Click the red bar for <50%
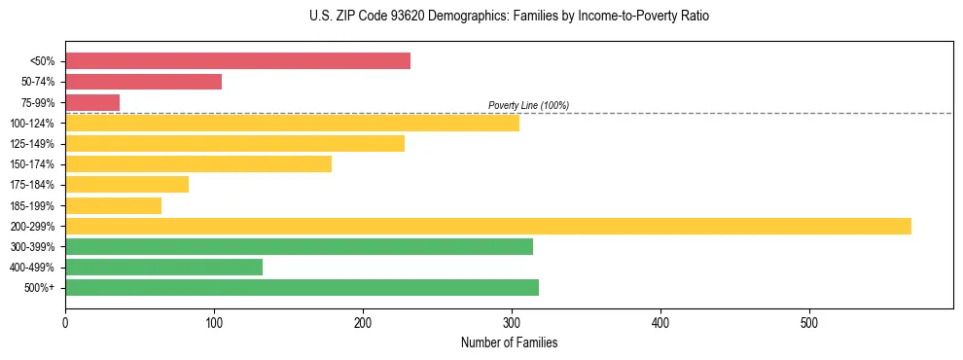coord(237,61)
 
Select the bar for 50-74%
coord(143,82)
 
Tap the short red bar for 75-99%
coord(92,102)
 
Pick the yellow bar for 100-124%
coord(292,123)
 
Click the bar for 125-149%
coord(234,144)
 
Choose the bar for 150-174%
coord(198,164)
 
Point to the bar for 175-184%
coord(126,185)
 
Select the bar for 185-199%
coord(113,205)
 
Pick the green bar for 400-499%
coord(163,268)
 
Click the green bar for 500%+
coord(302,288)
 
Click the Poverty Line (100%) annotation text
coord(528,105)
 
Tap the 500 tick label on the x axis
coord(809,322)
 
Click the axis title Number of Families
coord(509,342)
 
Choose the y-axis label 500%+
coord(43,288)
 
